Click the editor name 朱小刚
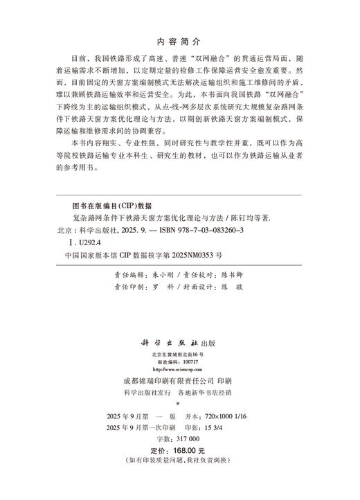(153, 275)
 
